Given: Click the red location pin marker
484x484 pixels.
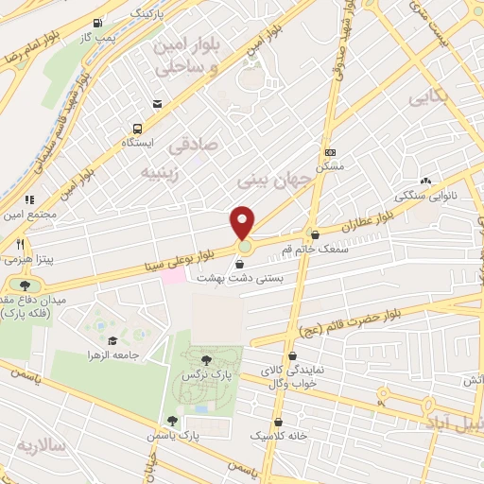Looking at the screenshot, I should point(243,222).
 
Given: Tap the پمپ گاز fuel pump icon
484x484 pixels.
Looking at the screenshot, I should point(99,23).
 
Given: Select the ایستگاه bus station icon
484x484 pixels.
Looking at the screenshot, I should point(139,129).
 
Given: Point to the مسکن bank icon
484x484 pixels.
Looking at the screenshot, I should point(329,152).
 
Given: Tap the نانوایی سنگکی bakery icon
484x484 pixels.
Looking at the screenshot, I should point(425,181).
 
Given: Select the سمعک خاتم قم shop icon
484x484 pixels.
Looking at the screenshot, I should point(315,234).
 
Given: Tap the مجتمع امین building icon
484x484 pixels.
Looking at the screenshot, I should point(28,199).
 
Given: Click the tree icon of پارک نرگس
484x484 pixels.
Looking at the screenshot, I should point(206,359).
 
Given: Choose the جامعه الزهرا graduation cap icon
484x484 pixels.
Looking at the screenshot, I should point(112,340).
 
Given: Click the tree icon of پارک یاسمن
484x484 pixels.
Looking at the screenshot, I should point(172,421).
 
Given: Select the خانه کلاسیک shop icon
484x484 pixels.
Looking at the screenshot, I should point(278,422).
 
